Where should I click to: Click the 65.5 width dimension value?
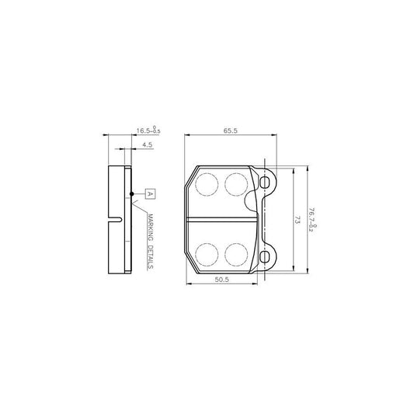pyautogui.click(x=231, y=130)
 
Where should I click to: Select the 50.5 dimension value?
pyautogui.click(x=222, y=280)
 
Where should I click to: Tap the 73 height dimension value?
pyautogui.click(x=297, y=220)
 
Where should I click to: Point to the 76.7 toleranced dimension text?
pyautogui.click(x=313, y=220)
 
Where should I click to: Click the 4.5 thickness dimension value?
pyautogui.click(x=147, y=144)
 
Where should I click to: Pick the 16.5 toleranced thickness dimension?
pyautogui.click(x=148, y=130)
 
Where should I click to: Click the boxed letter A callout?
pyautogui.click(x=150, y=194)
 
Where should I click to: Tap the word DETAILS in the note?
pyautogui.click(x=150, y=256)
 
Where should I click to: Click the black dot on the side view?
pyautogui.click(x=132, y=194)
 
